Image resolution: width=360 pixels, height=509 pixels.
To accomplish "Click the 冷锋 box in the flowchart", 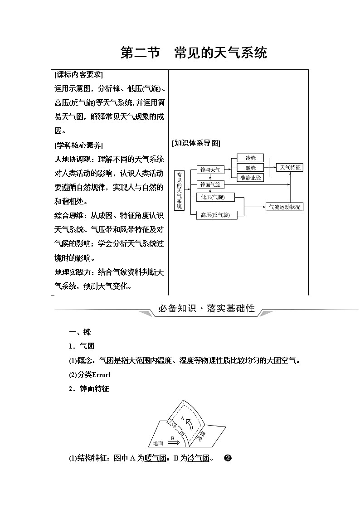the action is [251, 158].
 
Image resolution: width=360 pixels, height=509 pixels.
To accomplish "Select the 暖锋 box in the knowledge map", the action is [251, 168].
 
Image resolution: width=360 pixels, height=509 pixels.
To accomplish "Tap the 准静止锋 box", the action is [251, 177].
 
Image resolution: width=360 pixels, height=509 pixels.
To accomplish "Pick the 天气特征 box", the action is [291, 168].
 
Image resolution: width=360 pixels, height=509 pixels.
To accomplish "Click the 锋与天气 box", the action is [210, 170].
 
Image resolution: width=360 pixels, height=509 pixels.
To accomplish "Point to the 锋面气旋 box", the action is [210, 185].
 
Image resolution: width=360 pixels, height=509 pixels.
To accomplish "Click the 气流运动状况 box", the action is [284, 207].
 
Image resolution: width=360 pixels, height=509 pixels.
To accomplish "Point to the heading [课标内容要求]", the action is [78, 75].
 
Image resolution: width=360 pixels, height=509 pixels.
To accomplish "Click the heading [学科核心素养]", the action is [78, 145].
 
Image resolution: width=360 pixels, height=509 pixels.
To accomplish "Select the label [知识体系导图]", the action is [196, 143].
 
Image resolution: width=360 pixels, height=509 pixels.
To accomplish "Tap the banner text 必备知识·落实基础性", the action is [206, 309].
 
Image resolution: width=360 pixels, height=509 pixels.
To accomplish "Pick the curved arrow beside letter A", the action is [191, 423].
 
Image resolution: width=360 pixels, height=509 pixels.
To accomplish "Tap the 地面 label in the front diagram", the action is [158, 443].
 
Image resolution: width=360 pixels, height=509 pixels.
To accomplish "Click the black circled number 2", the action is [228, 458].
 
